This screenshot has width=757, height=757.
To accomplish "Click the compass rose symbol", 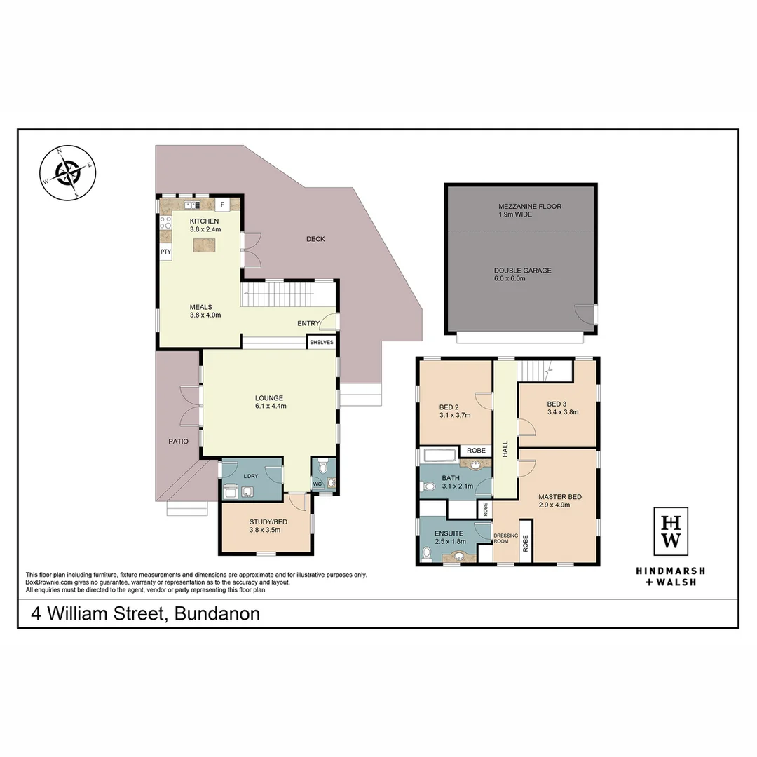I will pos(68,172).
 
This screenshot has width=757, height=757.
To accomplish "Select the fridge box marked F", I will pos(222,205).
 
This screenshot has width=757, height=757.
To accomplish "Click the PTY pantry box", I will pos(165,252).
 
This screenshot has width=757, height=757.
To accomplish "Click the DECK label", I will pos(315,239).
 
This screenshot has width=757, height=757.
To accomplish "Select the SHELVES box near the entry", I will pos(322,342).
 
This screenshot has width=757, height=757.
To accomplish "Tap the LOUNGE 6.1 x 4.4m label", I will pos(269,402).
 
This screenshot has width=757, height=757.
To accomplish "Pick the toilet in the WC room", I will pos(322,466).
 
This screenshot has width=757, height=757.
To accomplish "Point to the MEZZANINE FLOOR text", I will pos(530,207).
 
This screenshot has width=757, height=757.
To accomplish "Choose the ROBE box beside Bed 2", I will pos(476,451).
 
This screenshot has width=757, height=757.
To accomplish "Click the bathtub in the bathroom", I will pos(439,456).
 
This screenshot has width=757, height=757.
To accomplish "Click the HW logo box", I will pos(671,531).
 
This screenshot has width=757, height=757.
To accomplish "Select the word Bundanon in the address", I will pos(217,614).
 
